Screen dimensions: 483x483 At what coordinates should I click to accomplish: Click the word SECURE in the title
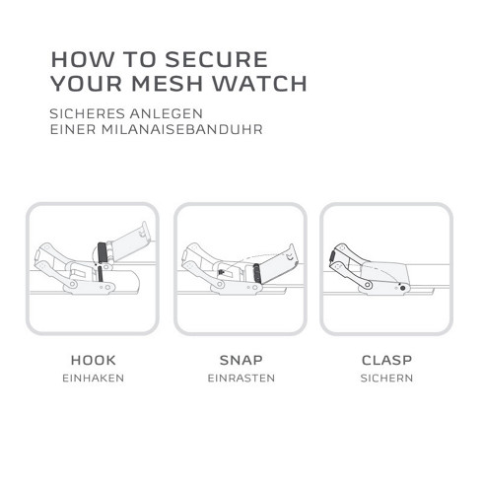216,59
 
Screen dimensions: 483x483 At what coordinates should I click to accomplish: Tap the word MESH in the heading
167,84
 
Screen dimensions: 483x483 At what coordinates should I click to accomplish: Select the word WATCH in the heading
259,84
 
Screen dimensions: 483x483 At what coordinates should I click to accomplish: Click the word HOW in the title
83,59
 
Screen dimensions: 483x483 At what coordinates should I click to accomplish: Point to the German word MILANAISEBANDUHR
182,129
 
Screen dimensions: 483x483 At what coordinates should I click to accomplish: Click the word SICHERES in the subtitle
87,113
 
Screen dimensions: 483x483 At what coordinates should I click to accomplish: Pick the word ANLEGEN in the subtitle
166,113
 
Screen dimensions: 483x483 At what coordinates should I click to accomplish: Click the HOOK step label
94,360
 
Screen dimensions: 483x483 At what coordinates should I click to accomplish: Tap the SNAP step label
241,360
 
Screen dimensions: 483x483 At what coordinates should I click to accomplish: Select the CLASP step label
386,360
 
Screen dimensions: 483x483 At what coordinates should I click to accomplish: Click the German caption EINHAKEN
94,378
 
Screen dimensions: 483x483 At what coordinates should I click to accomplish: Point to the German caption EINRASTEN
241,378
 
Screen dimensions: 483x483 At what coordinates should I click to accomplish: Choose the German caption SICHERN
386,378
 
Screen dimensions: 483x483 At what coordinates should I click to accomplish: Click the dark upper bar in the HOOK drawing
103,252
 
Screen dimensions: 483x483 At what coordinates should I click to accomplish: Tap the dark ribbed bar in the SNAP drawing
257,273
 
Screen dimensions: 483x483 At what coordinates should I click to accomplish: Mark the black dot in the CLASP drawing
402,288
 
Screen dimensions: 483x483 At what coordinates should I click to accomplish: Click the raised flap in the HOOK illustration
131,241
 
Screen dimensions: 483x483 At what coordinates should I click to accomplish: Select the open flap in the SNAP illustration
279,263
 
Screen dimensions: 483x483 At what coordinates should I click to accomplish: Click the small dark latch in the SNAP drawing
221,272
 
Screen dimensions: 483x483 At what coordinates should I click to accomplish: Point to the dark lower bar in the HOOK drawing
100,275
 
